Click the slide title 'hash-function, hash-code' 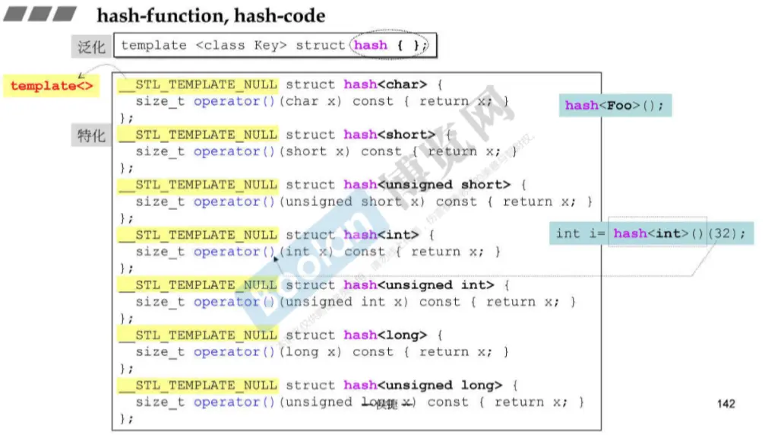click(x=211, y=15)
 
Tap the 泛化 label click(x=91, y=46)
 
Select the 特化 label click(x=91, y=135)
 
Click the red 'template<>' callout click(x=52, y=85)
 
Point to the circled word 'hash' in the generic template click(x=371, y=45)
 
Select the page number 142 click(x=725, y=403)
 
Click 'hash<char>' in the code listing click(x=385, y=84)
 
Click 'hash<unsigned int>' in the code click(x=419, y=285)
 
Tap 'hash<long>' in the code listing click(x=385, y=335)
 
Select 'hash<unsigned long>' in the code click(x=422, y=386)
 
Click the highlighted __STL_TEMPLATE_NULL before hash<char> click(x=198, y=84)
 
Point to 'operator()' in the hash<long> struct click(x=235, y=352)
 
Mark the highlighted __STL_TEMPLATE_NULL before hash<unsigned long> click(x=198, y=386)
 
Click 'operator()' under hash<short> click(x=235, y=151)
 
